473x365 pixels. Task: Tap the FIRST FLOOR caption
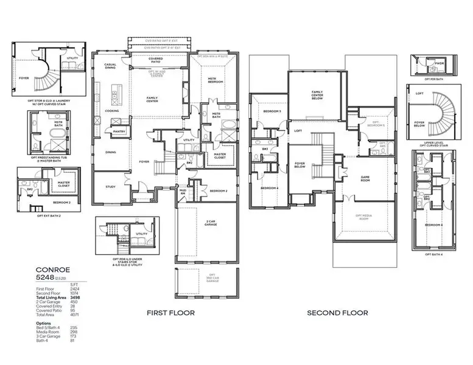coord(170,313)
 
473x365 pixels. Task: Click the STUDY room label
coord(110,187)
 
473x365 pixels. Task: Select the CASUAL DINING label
coord(110,66)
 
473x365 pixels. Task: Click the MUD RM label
coord(182,192)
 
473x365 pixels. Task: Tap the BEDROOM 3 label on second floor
coord(272,112)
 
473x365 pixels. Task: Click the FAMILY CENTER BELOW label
coord(317,95)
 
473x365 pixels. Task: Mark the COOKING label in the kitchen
coord(111,111)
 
